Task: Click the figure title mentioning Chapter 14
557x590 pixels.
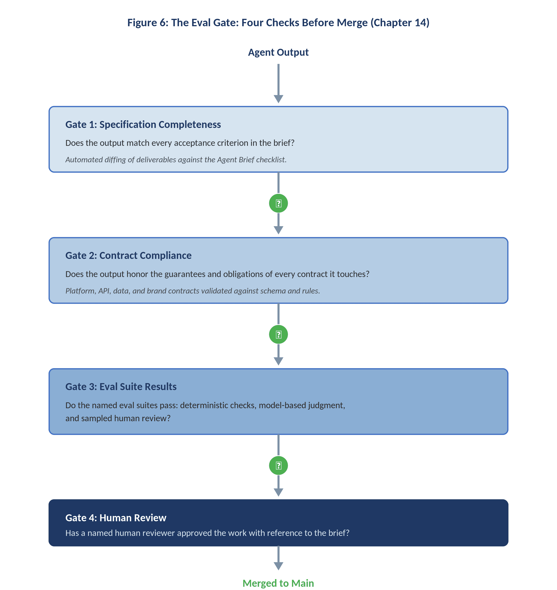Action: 278,23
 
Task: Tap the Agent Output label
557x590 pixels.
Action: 278,52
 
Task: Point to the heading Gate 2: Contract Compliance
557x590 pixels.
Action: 128,255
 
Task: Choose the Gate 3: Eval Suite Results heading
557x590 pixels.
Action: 121,387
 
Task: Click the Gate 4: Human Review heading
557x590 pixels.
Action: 116,518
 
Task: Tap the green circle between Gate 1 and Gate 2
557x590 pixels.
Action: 278,203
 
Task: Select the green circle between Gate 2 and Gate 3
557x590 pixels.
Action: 278,335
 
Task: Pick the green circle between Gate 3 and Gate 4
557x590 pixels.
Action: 278,466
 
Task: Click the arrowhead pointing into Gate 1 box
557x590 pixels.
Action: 278,99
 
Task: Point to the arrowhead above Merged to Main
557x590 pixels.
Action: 278,566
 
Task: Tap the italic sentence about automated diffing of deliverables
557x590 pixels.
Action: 176,160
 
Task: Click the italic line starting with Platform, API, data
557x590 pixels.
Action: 192,291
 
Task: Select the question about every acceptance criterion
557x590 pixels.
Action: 180,143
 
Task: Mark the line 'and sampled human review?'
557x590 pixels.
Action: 118,418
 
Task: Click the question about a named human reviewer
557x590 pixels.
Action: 207,533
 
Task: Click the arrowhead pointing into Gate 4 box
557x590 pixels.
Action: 278,492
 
